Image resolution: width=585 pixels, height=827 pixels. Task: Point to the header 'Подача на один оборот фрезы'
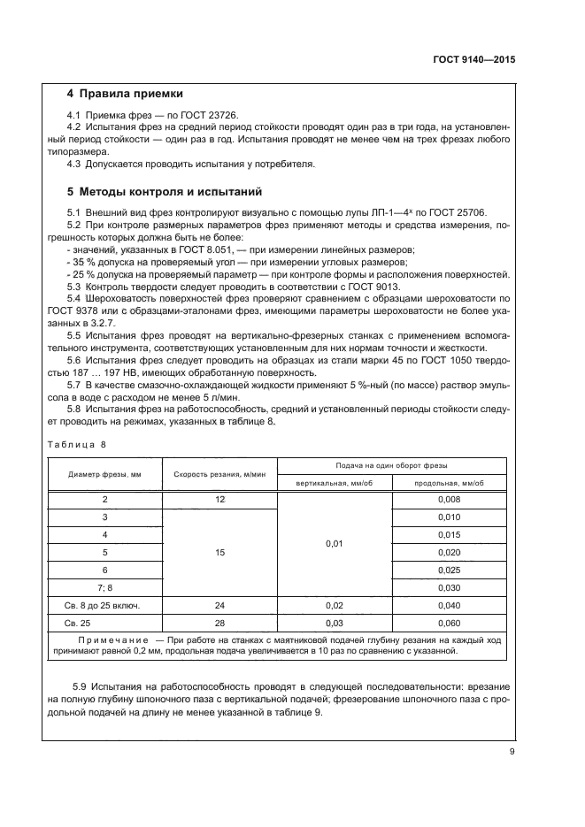[x=392, y=465]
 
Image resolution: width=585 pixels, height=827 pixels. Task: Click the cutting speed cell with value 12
[x=219, y=500]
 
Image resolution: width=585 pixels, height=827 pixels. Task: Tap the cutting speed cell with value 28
[x=219, y=623]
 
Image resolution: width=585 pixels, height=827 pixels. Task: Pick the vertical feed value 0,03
[x=334, y=623]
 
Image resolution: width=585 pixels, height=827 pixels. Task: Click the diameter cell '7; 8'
[x=104, y=587]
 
